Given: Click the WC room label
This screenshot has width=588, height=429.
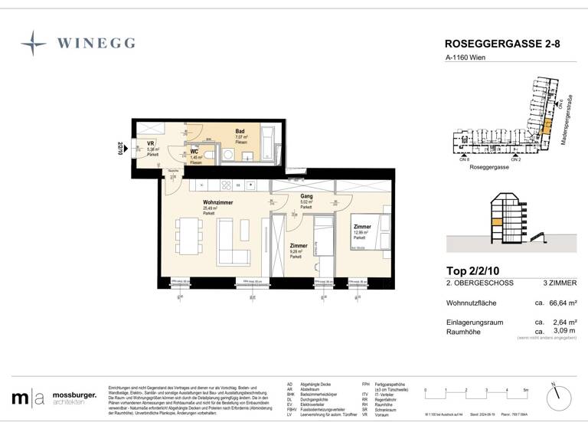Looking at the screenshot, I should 194,152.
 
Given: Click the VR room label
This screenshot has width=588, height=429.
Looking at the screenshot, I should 151,143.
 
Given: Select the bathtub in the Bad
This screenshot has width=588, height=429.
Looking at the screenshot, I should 267,144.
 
